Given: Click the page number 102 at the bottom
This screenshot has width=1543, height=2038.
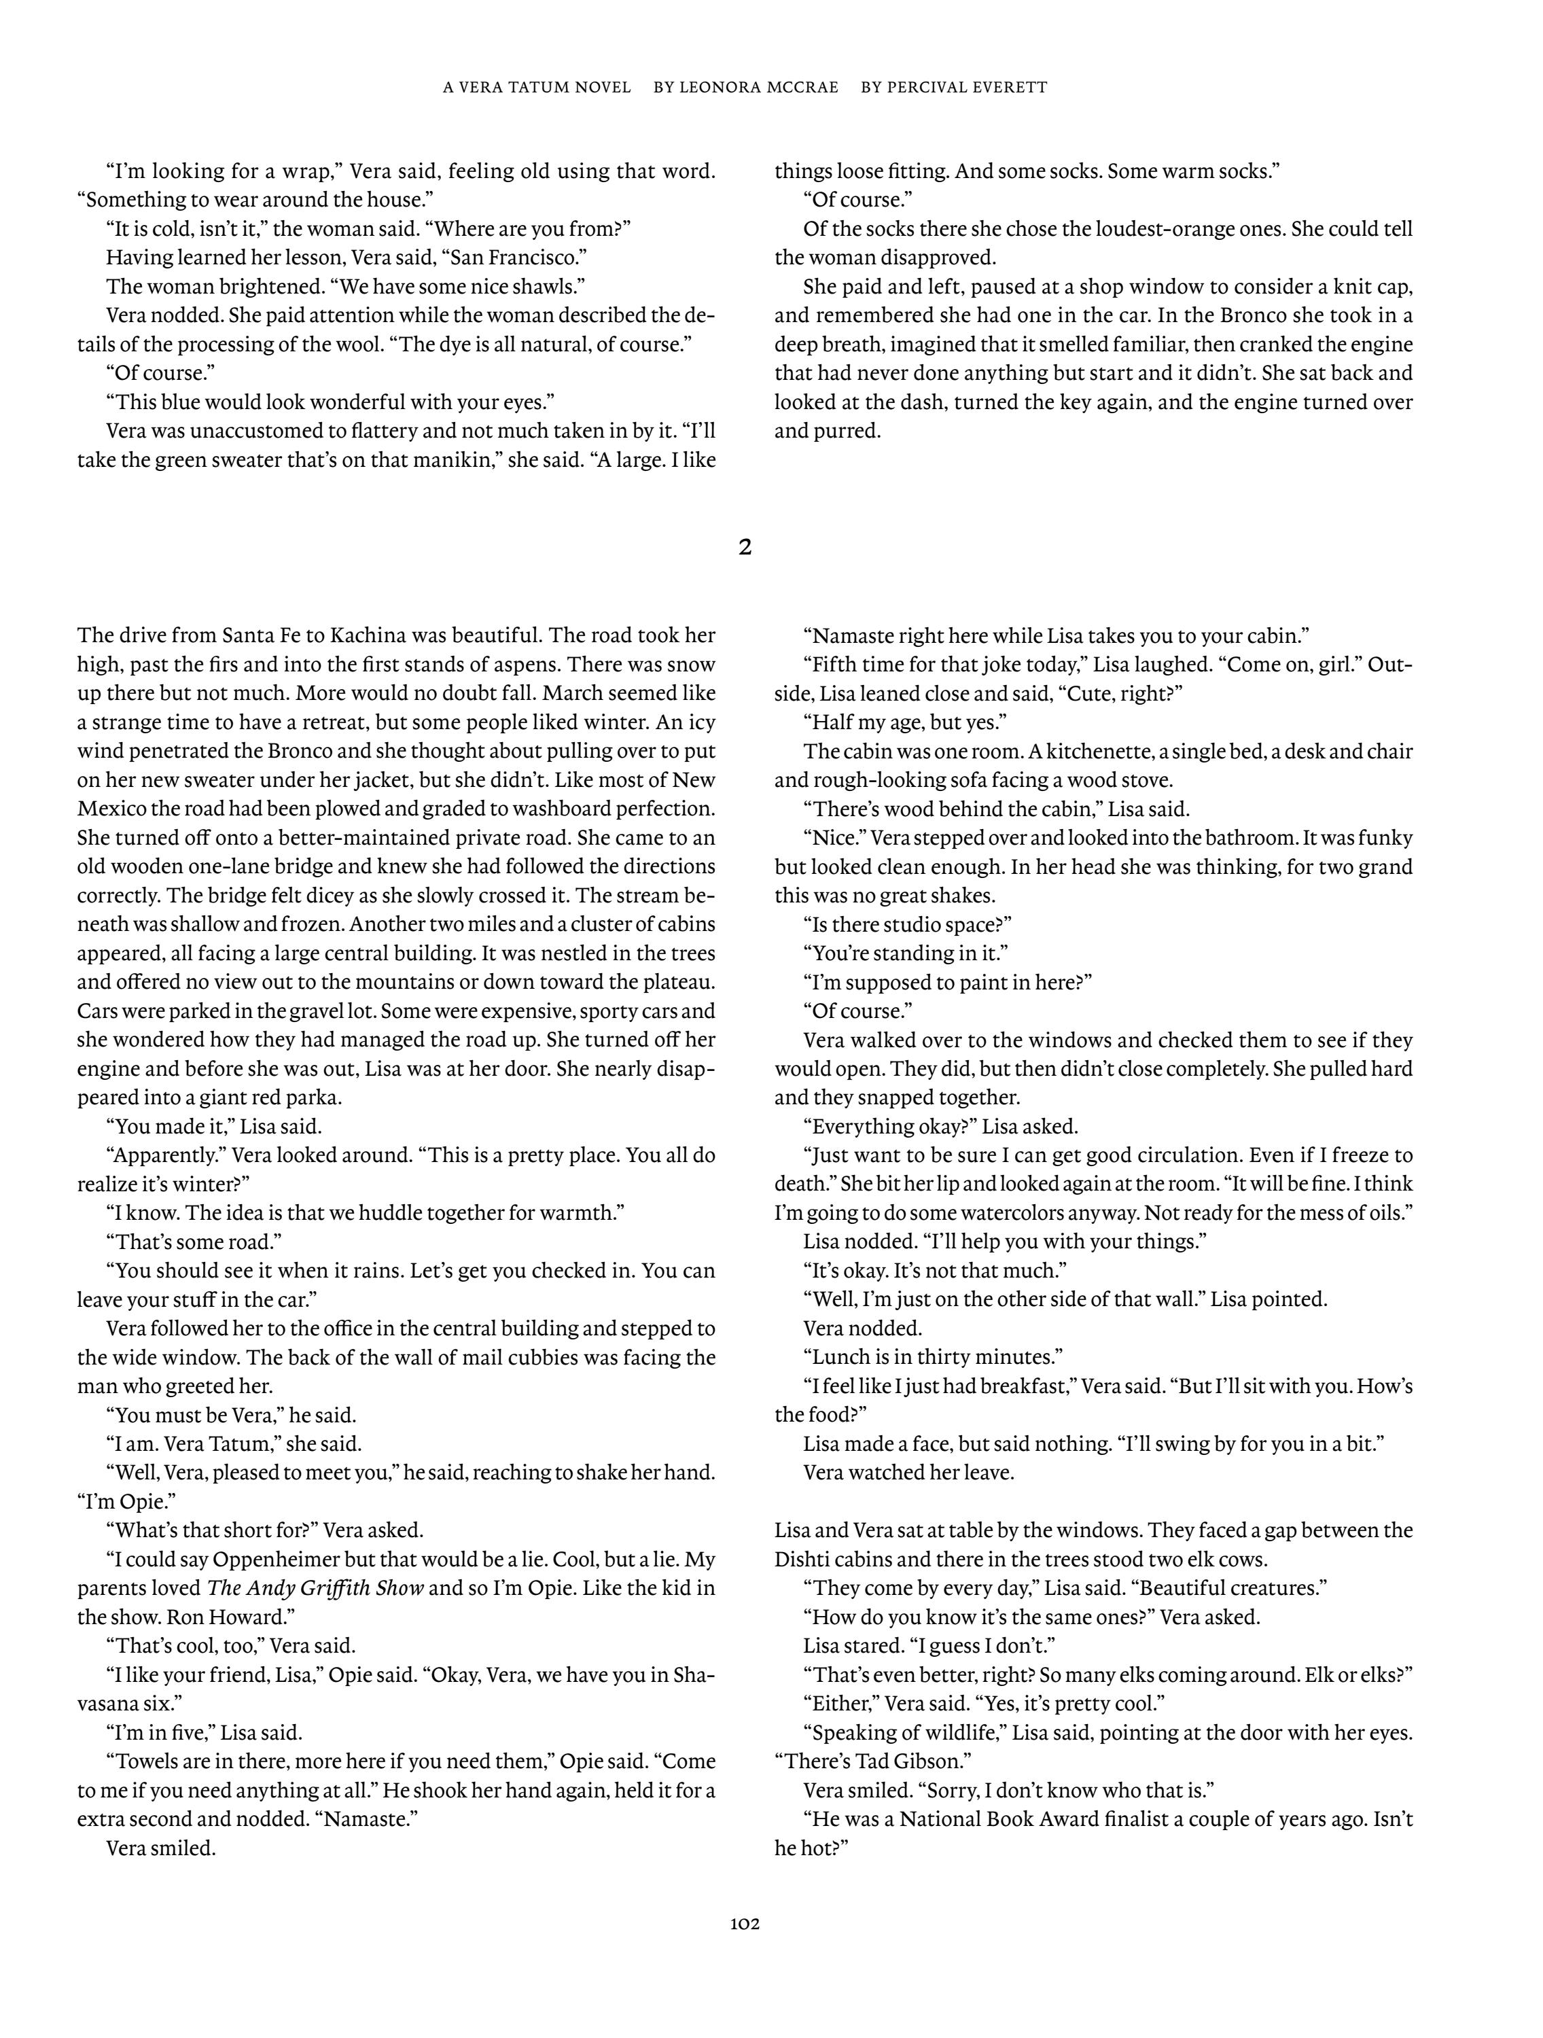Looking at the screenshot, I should click(x=745, y=1925).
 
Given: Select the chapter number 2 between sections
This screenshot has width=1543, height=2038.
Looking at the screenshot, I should click(x=745, y=547).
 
